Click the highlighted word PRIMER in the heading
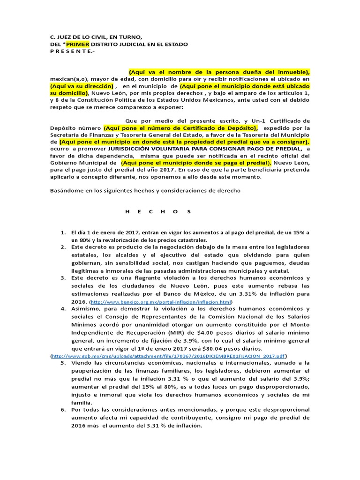click(x=75, y=44)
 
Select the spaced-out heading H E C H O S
click(x=158, y=211)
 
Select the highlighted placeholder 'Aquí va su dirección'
click(x=82, y=87)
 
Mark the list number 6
click(x=63, y=410)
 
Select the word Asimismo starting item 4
click(x=85, y=309)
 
